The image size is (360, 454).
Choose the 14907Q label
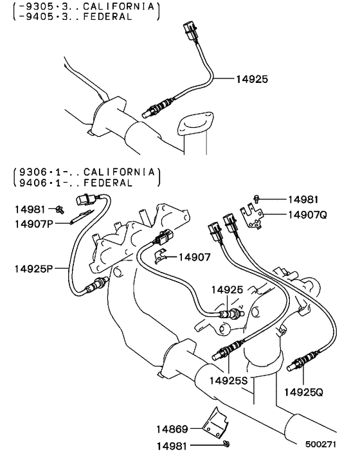click(x=307, y=214)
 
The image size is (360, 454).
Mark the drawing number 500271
click(x=320, y=444)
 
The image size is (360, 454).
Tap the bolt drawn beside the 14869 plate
click(x=228, y=444)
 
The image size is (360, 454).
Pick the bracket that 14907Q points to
click(x=253, y=215)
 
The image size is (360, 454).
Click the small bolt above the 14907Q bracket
click(x=256, y=199)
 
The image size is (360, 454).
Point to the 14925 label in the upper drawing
click(x=249, y=80)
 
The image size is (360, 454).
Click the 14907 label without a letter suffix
click(x=195, y=257)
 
